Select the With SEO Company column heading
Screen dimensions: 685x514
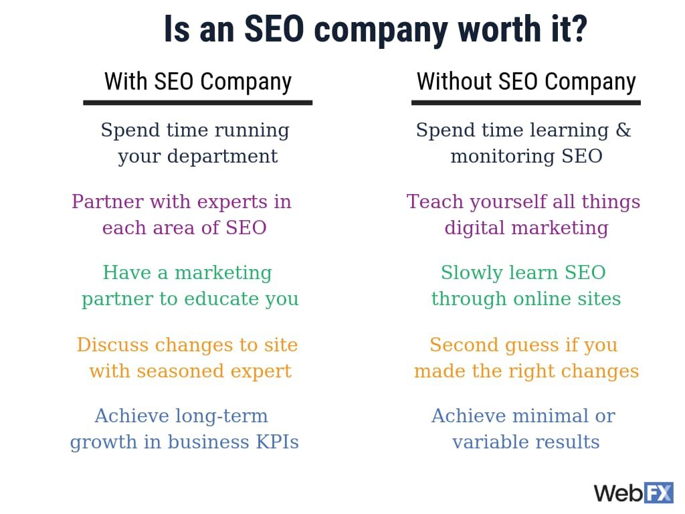(x=198, y=82)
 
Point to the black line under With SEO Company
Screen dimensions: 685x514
(x=198, y=102)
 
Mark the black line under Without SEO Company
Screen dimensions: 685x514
(x=526, y=102)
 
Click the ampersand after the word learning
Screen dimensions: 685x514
(x=623, y=130)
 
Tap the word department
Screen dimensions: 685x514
(x=222, y=157)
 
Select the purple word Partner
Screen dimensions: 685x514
(x=108, y=201)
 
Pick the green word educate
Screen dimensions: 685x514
(x=221, y=299)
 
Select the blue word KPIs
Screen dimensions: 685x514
(x=278, y=442)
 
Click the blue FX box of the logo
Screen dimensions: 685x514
(x=659, y=493)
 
